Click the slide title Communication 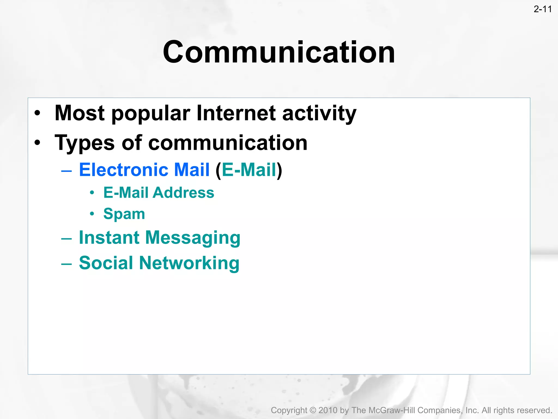279,52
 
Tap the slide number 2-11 542,9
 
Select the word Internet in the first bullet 236,113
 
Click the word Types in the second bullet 84,143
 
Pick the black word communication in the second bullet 228,143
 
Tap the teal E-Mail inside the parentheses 249,170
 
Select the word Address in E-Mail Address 183,193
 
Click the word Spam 124,214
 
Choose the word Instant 109,237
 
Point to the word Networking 189,264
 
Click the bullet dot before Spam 92,214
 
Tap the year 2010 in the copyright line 328,410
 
